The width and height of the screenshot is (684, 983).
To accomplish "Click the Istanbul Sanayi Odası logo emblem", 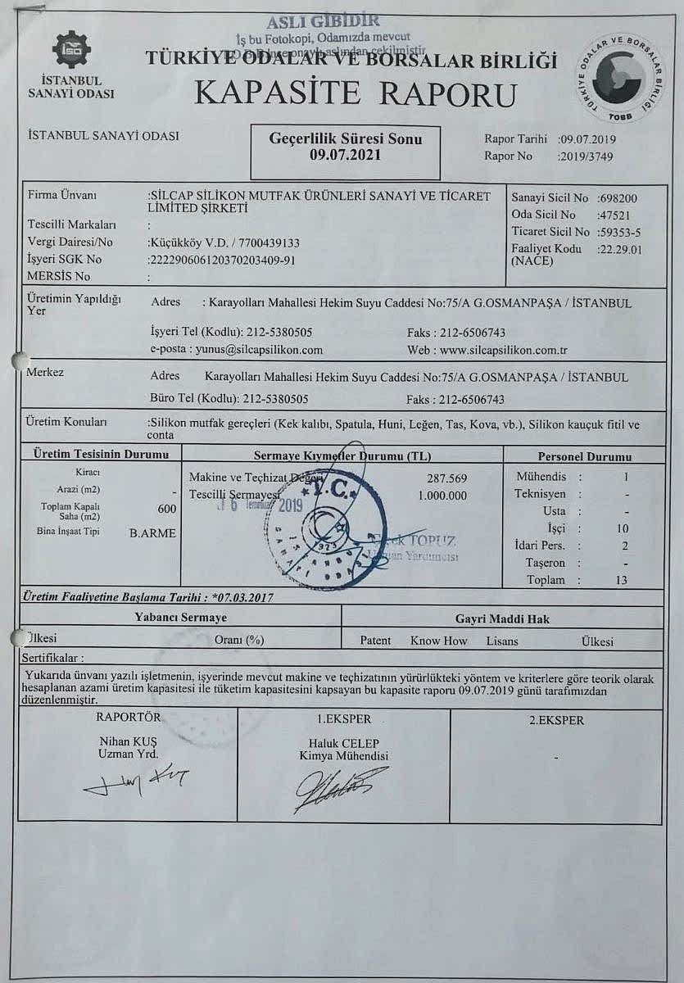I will click(71, 49).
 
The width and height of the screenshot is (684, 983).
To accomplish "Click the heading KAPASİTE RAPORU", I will click(356, 93).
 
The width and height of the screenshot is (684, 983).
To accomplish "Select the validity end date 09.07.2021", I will click(345, 154).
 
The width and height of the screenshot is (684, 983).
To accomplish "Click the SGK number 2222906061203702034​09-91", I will click(222, 260).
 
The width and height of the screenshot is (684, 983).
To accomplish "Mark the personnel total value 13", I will click(621, 580).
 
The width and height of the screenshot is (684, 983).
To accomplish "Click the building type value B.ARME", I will click(152, 533).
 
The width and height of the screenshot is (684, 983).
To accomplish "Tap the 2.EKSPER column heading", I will click(557, 720).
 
